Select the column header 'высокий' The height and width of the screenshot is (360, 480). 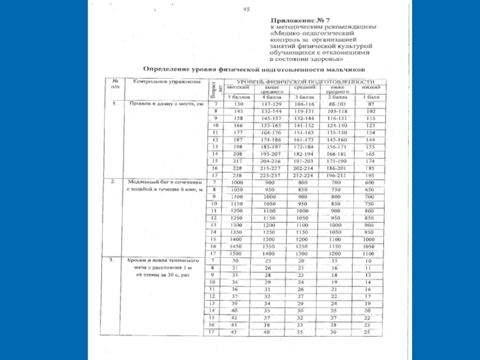(x=233, y=88)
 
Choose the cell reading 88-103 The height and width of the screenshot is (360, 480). (x=337, y=104)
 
